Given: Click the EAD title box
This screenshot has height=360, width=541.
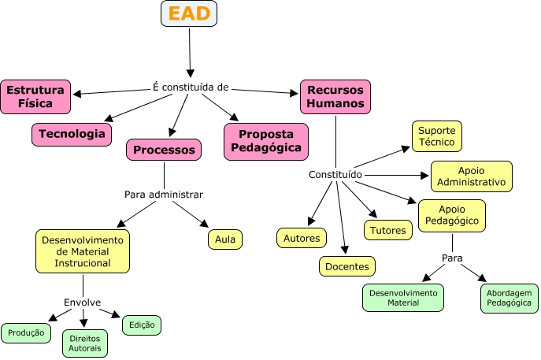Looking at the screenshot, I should [189, 14].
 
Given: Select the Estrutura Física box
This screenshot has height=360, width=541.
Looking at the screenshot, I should [35, 96].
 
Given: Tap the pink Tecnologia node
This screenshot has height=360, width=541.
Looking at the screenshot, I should [72, 134].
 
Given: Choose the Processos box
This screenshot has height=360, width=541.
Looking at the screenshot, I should [164, 150].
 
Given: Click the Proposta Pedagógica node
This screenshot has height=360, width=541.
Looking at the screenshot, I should [267, 141].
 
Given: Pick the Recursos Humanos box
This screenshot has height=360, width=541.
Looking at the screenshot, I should [335, 96].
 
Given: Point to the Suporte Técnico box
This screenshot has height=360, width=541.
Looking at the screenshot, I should [436, 136].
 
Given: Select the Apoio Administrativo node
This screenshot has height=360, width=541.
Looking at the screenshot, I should [471, 176].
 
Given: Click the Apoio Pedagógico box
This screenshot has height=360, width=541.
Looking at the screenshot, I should [451, 214].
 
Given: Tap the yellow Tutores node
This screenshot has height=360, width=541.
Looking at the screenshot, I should [388, 229].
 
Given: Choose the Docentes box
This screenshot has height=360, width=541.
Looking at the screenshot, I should [347, 266].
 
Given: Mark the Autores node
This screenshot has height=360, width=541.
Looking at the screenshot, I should [301, 237].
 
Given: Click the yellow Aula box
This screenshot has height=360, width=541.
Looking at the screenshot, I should [225, 239].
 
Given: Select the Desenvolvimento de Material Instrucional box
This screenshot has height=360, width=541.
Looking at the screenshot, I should [83, 251].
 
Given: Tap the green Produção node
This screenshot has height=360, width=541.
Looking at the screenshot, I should [26, 333].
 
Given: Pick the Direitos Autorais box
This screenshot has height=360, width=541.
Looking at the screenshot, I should [84, 343].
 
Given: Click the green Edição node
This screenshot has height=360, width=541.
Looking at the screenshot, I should [142, 325].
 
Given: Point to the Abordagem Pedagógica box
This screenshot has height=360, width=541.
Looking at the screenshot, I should [510, 298].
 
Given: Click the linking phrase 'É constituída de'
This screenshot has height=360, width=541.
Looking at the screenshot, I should [191, 87].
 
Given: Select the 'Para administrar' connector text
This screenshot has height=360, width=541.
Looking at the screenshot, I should [164, 194].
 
